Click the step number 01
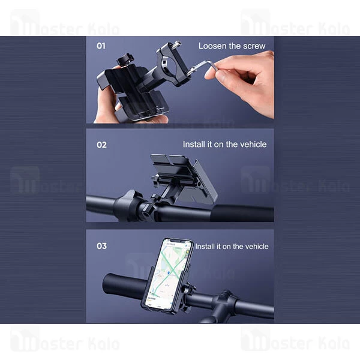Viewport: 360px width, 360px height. click(x=101, y=46)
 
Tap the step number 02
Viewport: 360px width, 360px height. click(x=101, y=145)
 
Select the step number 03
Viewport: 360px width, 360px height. click(x=101, y=246)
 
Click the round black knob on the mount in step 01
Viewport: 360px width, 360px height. click(x=125, y=59)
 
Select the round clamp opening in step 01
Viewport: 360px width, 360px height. click(x=166, y=65)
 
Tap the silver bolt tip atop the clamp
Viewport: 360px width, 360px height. click(x=178, y=44)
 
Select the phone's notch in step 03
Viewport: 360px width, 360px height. click(x=177, y=241)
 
